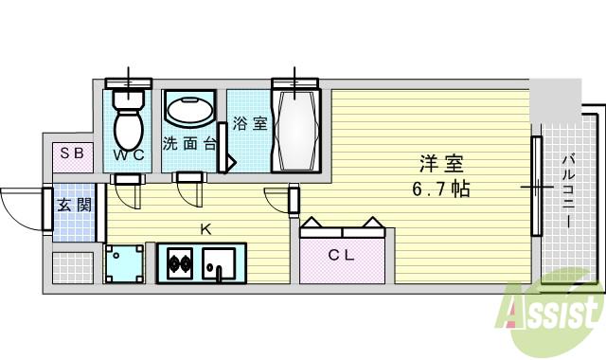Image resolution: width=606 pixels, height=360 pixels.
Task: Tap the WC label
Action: click(x=129, y=155)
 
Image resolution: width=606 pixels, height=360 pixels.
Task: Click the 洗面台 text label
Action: click(x=187, y=145)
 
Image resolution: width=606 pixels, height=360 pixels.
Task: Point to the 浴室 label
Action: click(x=249, y=123)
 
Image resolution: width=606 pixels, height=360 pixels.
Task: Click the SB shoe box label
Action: click(x=72, y=153)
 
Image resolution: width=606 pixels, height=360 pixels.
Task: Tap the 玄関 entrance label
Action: click(x=74, y=205)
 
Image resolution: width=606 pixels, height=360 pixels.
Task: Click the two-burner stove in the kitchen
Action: click(x=180, y=262)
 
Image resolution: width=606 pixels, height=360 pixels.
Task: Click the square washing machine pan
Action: click(x=126, y=263)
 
